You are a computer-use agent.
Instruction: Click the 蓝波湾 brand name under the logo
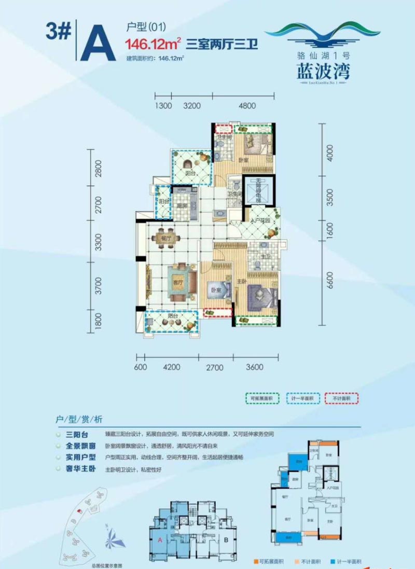[x=323, y=71]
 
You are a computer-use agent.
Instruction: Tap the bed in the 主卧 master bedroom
[x=261, y=297]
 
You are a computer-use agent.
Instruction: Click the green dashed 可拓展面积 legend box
[x=262, y=398]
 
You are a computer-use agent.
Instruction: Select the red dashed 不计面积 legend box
[x=341, y=398]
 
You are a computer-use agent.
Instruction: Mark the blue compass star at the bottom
[x=115, y=538]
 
